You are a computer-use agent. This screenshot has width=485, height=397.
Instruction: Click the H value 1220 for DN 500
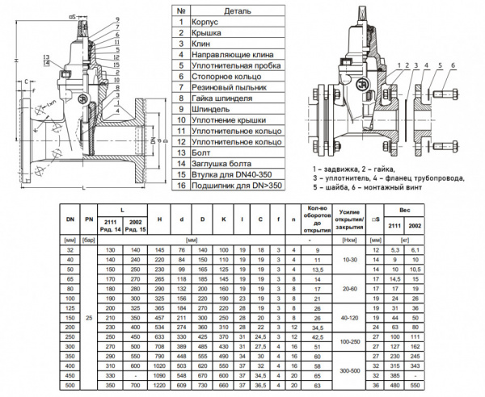coord(158,386)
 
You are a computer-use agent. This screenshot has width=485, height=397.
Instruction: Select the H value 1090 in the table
coord(158,376)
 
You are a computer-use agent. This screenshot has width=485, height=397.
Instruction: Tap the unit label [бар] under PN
coord(89,240)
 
